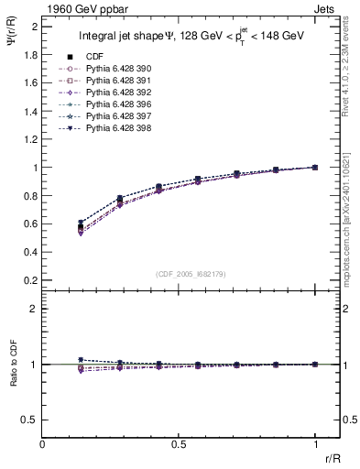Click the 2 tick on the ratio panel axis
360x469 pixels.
tap(34, 309)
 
